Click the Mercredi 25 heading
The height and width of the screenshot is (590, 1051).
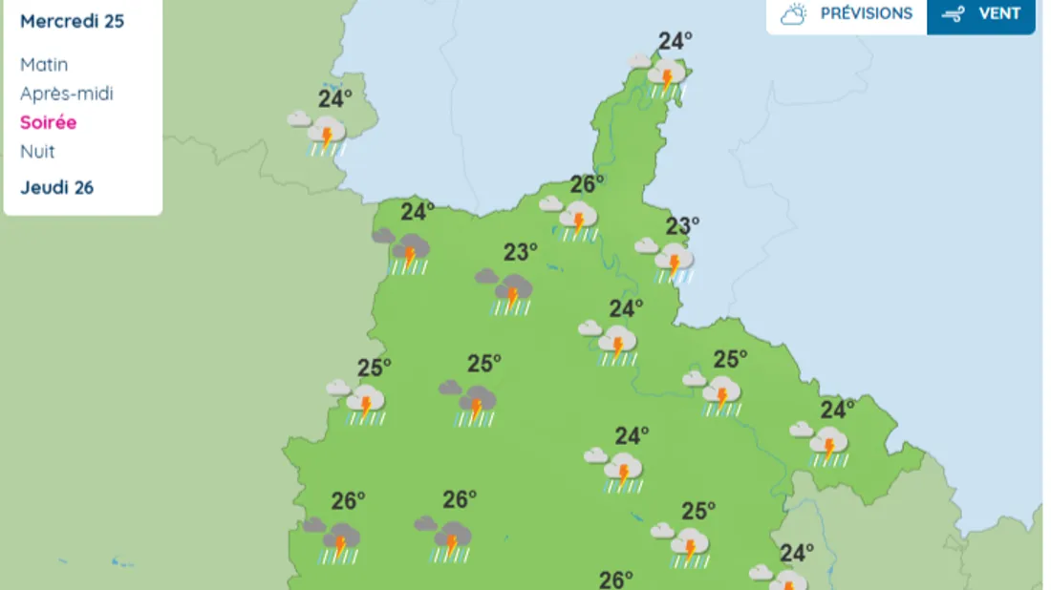click(x=72, y=21)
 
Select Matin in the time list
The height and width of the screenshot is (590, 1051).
click(x=44, y=65)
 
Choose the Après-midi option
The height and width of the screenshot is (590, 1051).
click(x=66, y=94)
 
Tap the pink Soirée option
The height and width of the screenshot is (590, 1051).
click(x=48, y=122)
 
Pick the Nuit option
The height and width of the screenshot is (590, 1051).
click(x=37, y=151)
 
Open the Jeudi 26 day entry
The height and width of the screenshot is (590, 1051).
click(x=56, y=187)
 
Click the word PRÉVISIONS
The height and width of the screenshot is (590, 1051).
click(x=866, y=14)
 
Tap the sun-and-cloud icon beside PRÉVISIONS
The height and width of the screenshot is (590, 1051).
click(x=794, y=14)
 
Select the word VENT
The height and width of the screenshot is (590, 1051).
click(x=999, y=14)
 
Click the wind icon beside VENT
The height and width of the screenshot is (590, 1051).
click(x=953, y=14)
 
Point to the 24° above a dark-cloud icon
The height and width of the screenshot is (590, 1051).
click(x=418, y=211)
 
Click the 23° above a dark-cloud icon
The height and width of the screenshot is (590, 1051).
click(x=521, y=252)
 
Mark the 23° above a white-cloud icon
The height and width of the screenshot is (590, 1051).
click(x=682, y=226)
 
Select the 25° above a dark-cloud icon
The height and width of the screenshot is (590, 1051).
click(x=484, y=364)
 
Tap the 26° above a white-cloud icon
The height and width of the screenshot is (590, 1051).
click(x=588, y=184)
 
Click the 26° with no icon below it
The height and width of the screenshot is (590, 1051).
click(x=616, y=579)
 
